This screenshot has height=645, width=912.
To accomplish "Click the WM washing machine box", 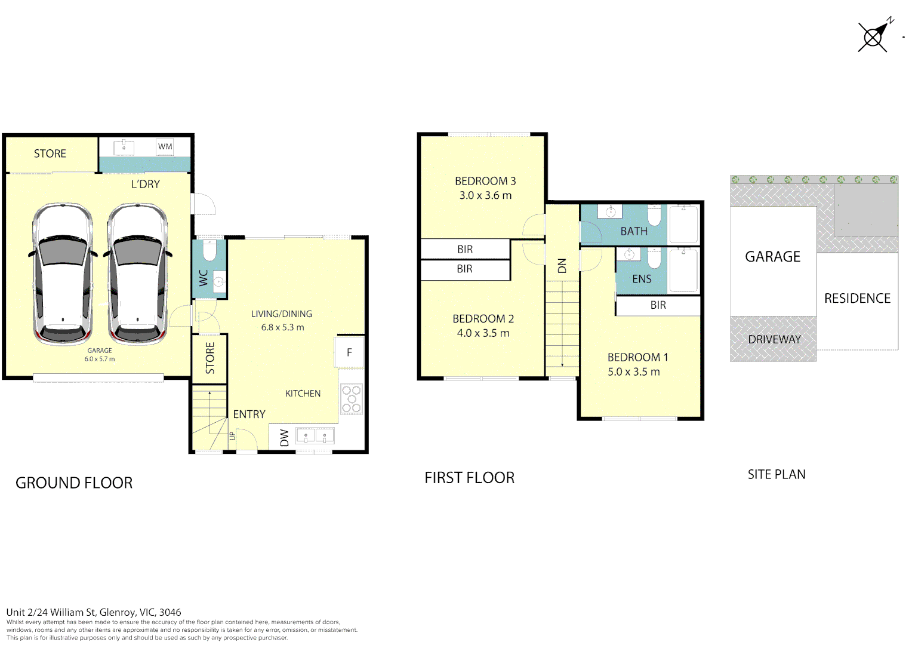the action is [165, 147].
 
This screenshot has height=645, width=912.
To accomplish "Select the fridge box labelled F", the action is [349, 352].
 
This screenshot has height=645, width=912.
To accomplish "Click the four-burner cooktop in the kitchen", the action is [352, 399].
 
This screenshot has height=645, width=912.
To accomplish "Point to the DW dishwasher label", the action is [285, 438].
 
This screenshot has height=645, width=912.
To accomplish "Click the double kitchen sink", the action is [315, 435].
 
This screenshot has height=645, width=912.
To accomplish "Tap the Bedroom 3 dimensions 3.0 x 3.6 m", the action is [485, 195].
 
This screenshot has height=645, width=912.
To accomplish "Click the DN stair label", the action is [562, 266].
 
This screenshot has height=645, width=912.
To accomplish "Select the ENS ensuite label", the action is [642, 279].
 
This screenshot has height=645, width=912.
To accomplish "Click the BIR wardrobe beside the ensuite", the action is [658, 305].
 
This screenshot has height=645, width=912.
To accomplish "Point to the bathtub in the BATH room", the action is [683, 224].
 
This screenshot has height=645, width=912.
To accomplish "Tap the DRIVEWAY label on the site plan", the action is [774, 339].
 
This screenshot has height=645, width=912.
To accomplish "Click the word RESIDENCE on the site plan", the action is [858, 299].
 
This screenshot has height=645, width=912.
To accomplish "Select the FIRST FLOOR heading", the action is [470, 478].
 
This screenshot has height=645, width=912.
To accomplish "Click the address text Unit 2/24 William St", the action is [51, 612].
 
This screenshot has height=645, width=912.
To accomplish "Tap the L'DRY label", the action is [146, 184].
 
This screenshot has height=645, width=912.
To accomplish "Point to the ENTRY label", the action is [249, 414].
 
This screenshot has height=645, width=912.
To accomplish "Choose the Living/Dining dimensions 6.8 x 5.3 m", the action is [282, 327].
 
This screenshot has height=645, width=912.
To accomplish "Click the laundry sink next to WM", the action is [124, 147].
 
